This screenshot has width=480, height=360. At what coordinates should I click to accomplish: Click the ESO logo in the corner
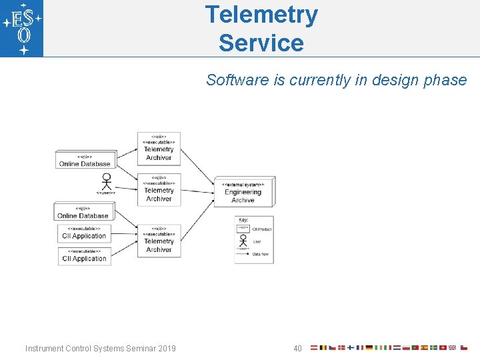[x=22, y=29]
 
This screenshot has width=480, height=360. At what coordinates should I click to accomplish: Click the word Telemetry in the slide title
[x=261, y=14]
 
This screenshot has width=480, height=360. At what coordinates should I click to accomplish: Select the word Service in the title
[x=261, y=43]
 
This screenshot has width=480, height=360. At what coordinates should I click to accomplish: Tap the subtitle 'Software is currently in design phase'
[x=336, y=80]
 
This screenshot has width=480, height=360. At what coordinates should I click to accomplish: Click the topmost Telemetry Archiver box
[x=159, y=149]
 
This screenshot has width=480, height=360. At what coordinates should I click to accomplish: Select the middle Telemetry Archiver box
[x=159, y=191]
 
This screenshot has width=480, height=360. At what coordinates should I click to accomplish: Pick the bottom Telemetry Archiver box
[x=159, y=241]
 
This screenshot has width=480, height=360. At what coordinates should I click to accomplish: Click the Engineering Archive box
[x=243, y=193]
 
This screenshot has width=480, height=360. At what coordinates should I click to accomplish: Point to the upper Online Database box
[x=85, y=160]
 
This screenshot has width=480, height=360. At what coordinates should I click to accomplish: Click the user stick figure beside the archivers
[x=105, y=181]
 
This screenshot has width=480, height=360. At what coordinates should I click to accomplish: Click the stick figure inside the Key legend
[x=243, y=241]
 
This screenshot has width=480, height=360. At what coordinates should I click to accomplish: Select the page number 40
[x=297, y=349]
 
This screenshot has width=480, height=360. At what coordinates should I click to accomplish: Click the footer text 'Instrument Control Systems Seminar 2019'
[x=101, y=349]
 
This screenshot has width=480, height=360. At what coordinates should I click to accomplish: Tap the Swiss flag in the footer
[x=443, y=348]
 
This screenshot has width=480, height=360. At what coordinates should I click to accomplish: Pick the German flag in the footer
[x=369, y=348]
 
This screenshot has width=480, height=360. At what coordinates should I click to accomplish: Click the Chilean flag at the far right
[x=464, y=348]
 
